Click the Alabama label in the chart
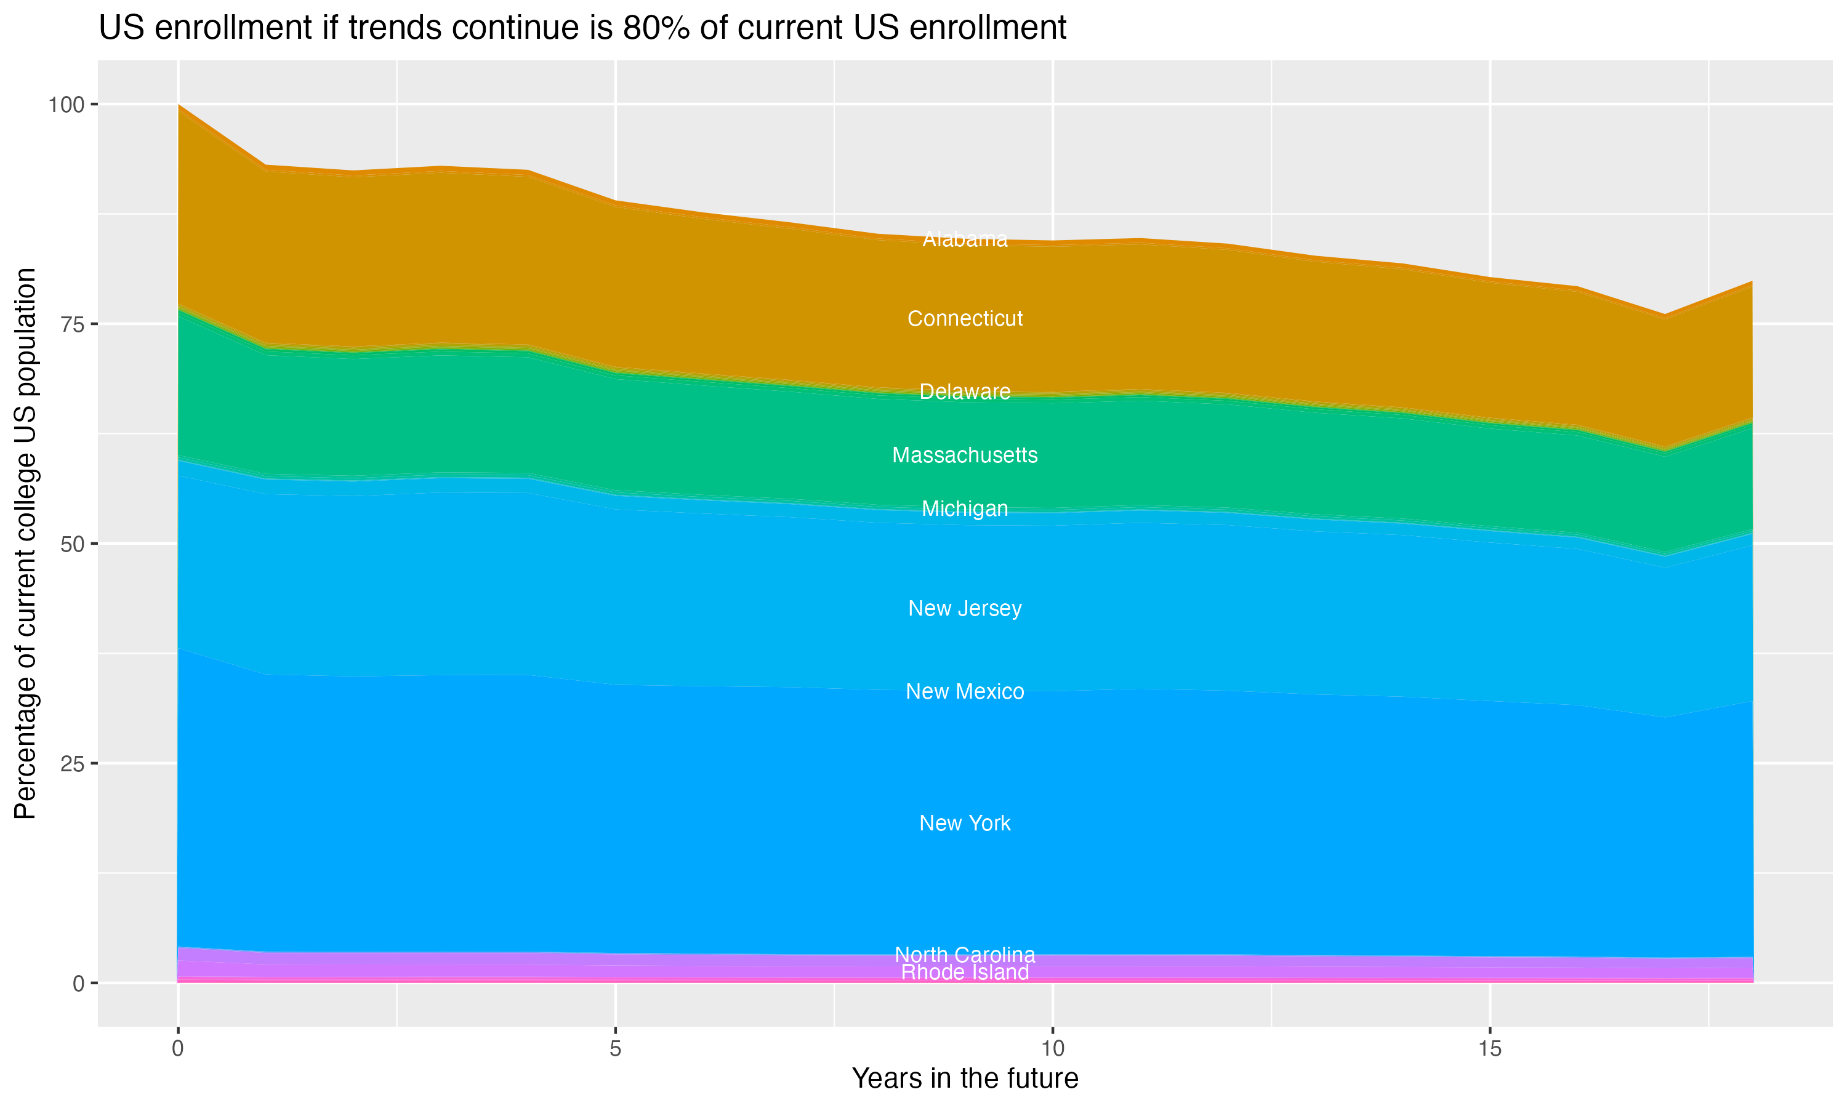click(x=965, y=239)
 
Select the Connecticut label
click(x=965, y=319)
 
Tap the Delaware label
click(x=965, y=392)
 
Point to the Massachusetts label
click(x=965, y=456)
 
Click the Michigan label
click(x=965, y=509)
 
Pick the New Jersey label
click(x=965, y=609)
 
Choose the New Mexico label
click(x=965, y=692)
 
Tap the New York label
click(x=965, y=824)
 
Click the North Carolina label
click(x=965, y=954)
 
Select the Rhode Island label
click(x=965, y=973)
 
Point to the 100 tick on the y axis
click(x=66, y=105)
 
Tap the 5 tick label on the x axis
click(x=615, y=1049)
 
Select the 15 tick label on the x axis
click(x=1489, y=1049)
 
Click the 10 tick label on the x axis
click(x=1052, y=1049)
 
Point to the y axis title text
click(x=25, y=544)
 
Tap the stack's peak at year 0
click(x=179, y=105)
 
